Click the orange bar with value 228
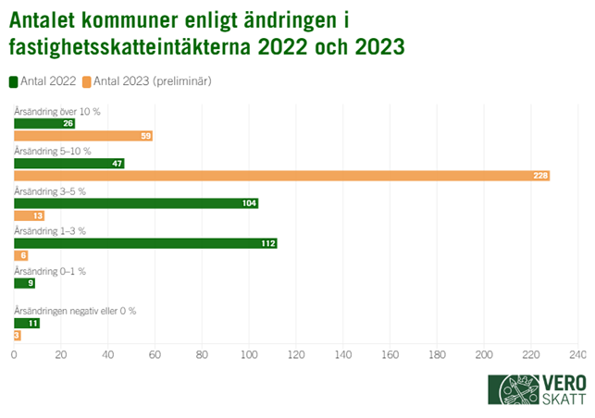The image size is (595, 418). click(282, 176)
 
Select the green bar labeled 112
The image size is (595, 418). click(145, 243)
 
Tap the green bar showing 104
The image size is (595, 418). click(136, 203)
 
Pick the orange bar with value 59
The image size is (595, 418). click(83, 136)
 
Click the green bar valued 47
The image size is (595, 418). click(69, 163)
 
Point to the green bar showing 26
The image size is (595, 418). click(44, 123)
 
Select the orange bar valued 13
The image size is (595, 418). click(29, 216)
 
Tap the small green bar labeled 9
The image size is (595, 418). click(25, 283)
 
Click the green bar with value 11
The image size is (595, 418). click(27, 323)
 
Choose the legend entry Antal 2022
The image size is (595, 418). click(44, 81)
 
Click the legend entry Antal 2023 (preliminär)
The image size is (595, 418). click(147, 81)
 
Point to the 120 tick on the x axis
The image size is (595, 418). click(296, 354)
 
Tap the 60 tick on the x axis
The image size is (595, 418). click(155, 354)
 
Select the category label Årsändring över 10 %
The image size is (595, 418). click(57, 111)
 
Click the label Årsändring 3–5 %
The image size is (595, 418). click(50, 191)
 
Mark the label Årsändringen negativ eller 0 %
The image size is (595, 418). click(75, 311)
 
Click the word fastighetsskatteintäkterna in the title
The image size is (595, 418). click(121, 45)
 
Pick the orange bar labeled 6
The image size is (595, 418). click(21, 256)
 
